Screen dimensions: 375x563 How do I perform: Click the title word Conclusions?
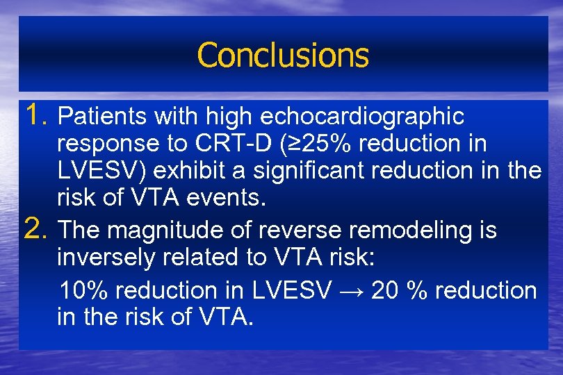[282, 56]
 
